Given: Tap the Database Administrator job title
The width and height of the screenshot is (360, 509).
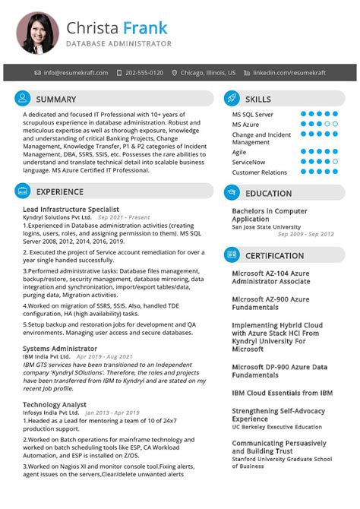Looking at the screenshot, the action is [118, 44].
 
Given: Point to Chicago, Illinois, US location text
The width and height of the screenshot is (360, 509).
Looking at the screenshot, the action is [208, 73].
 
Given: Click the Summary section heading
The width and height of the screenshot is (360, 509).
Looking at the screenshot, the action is [56, 99].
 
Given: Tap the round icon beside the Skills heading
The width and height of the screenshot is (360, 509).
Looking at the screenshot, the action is [232, 99].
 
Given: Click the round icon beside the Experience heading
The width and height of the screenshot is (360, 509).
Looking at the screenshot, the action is [23, 192].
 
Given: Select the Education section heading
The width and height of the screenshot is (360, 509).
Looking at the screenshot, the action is [268, 193].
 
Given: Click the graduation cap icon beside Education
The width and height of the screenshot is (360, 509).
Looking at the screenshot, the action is [232, 193].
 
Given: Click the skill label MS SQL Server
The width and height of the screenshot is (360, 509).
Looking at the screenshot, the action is [253, 114].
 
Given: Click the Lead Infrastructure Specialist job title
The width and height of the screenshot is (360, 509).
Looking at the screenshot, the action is [71, 209].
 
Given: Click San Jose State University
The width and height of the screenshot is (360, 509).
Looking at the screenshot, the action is [266, 226].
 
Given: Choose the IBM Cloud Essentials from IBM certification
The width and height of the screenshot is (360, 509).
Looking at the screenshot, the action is [282, 393].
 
